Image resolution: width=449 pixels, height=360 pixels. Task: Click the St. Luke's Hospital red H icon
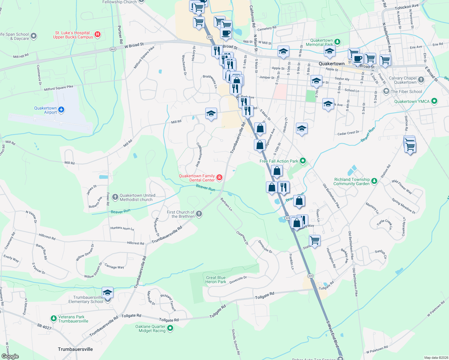coord(98,35)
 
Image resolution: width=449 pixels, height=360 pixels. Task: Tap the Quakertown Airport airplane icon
coord(61,109)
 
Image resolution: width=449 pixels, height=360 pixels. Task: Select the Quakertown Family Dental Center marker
coord(219,178)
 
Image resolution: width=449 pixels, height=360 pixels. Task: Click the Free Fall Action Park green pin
coord(303,161)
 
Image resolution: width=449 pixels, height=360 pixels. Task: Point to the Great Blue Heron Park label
coord(215,280)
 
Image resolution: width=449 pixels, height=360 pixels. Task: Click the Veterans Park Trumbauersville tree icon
coord(53,319)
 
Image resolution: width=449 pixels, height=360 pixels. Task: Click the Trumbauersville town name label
coord(75,349)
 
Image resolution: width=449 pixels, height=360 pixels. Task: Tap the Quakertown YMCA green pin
coord(434,101)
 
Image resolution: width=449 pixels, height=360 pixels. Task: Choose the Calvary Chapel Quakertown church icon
coord(421,80)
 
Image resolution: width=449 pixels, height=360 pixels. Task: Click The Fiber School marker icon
coord(386,92)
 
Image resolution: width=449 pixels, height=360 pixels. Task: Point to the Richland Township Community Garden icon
coord(374,181)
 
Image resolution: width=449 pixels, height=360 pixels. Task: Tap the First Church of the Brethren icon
coord(199,214)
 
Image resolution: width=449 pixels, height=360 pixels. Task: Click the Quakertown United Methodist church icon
coord(115,197)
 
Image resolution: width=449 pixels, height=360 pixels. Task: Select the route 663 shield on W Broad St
coord(113,49)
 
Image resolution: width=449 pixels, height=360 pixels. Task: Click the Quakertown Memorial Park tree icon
coord(337,42)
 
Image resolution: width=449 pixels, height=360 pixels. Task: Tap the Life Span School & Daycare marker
coord(34,36)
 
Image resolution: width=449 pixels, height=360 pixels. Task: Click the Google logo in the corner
coord(10,356)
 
